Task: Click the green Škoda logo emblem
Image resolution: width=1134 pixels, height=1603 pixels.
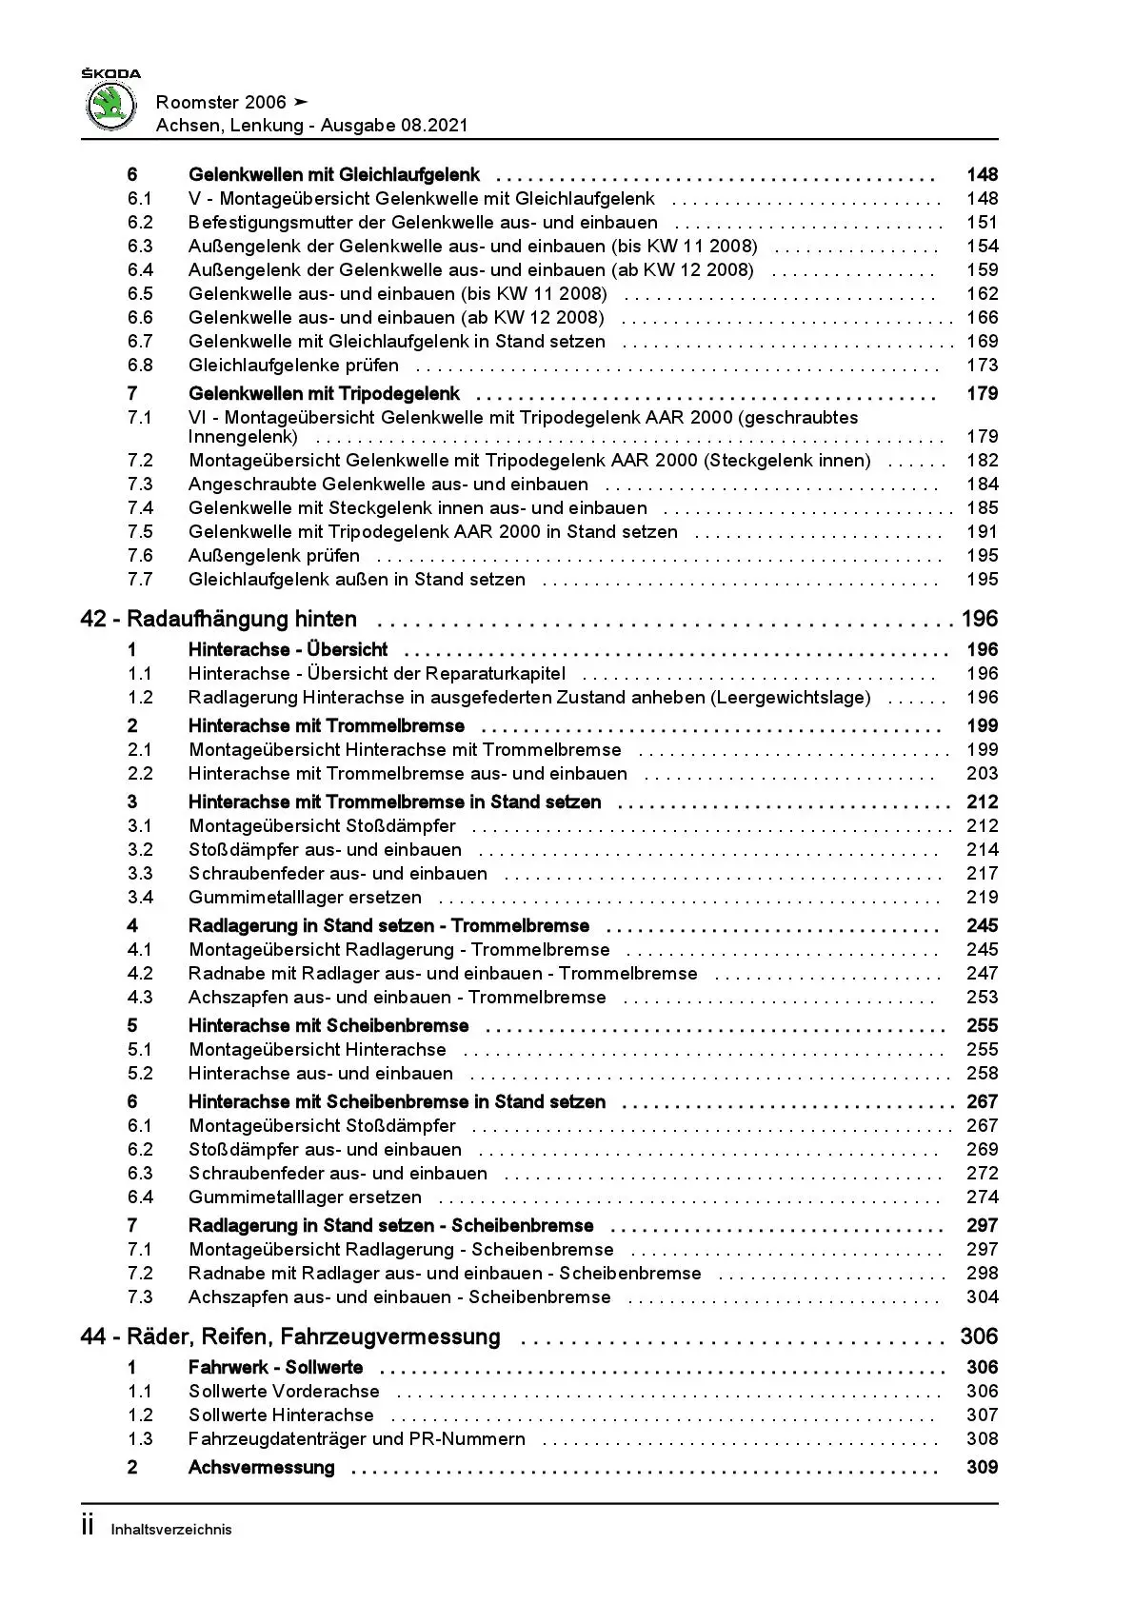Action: (111, 105)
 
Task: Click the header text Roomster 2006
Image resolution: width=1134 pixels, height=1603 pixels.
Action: (219, 102)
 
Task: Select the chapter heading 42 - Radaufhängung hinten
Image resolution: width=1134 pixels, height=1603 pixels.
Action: (219, 620)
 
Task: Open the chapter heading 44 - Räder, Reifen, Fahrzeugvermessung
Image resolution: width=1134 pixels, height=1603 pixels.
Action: (290, 1337)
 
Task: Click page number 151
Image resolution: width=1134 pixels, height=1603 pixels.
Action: (982, 223)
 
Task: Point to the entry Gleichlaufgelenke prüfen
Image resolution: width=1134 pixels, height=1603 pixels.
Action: (293, 366)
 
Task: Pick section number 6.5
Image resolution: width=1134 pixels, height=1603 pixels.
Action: (140, 294)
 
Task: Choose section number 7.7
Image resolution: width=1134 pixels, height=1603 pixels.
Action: (140, 580)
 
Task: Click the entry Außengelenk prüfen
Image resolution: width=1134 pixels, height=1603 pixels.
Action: (274, 556)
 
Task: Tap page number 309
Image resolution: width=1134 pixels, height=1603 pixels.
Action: (982, 1468)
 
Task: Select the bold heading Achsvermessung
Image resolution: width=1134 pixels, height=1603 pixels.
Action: (262, 1468)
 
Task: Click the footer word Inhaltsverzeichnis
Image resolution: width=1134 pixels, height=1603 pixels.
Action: (171, 1531)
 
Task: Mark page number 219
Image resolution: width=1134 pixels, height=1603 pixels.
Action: (982, 898)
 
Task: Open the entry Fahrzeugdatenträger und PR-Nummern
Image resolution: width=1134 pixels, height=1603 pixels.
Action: (357, 1439)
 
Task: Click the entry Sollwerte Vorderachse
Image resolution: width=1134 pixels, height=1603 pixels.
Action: (284, 1392)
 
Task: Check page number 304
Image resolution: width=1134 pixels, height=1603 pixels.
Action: (982, 1297)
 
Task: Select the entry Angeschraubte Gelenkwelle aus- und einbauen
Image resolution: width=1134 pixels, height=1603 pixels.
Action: (388, 485)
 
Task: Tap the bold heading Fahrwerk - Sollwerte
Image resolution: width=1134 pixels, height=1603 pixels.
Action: (276, 1368)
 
